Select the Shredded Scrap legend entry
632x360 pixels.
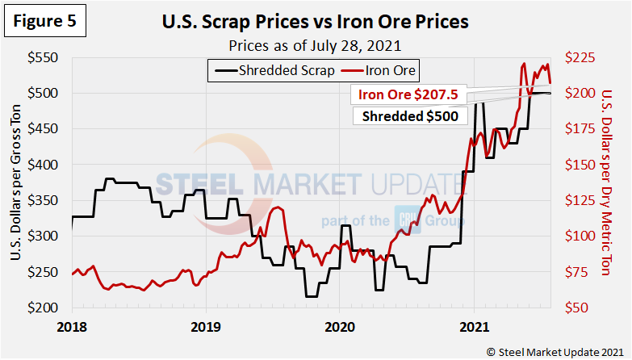pyautogui.click(x=274, y=70)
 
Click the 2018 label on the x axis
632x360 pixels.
pyautogui.click(x=72, y=328)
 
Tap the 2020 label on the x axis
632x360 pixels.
pyautogui.click(x=338, y=328)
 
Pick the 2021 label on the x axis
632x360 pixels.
pyautogui.click(x=472, y=328)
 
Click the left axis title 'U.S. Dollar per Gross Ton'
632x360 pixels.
pyautogui.click(x=17, y=182)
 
